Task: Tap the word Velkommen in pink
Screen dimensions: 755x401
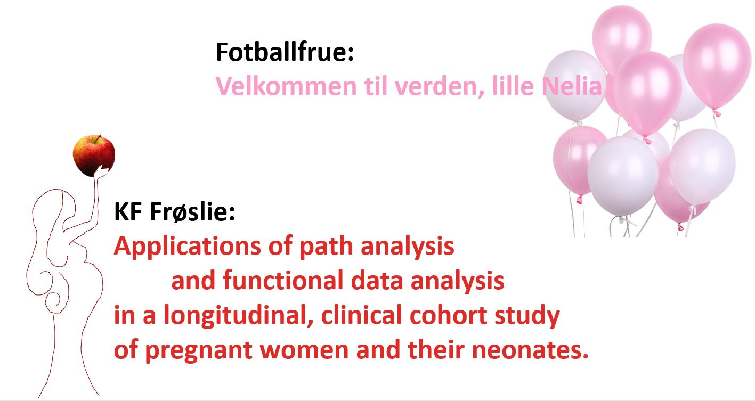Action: point(286,86)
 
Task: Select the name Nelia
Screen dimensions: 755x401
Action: point(572,86)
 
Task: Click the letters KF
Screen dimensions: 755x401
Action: point(128,211)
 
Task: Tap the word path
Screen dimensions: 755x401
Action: point(326,246)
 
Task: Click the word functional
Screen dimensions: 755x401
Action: point(282,280)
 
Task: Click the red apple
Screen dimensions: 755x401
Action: point(94,156)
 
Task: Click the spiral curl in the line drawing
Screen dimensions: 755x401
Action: point(54,299)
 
